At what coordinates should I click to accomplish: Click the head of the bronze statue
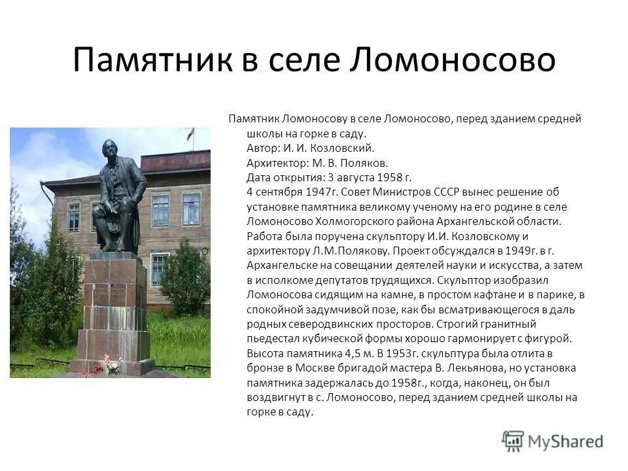pyautogui.click(x=110, y=149)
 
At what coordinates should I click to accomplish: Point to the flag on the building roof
pyautogui.click(x=190, y=133)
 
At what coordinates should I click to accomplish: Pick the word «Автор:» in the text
pyautogui.click(x=265, y=148)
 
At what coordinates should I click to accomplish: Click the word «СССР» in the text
pyautogui.click(x=445, y=192)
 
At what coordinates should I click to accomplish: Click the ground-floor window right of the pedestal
pyautogui.click(x=160, y=268)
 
